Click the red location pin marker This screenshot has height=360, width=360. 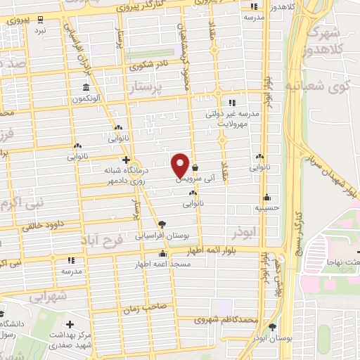181,164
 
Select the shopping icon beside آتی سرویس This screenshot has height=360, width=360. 195,167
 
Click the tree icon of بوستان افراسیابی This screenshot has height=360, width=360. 162,224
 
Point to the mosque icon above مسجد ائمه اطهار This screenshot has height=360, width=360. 163,254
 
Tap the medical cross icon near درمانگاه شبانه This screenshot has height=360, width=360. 125,160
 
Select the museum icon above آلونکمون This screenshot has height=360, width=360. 86,89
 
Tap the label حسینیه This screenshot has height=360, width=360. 267,208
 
